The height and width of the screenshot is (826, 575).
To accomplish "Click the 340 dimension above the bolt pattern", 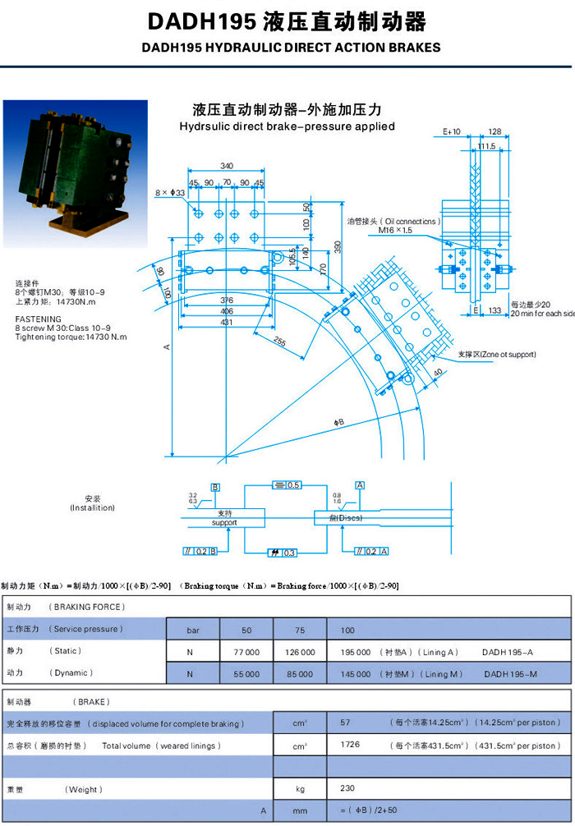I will point(227,167).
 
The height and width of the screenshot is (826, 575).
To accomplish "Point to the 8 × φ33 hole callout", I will point(170,192).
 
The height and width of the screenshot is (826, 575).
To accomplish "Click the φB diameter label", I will point(338,422).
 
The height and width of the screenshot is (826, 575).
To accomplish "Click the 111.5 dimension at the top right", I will point(486,147).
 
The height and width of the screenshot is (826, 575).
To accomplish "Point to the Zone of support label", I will point(496,355).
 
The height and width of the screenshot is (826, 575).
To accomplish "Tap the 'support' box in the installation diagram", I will point(224,518).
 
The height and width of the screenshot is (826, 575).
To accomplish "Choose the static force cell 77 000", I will point(246,651).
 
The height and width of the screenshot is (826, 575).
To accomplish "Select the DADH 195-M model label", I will point(510,673).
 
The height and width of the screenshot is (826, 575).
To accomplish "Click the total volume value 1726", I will point(351,746).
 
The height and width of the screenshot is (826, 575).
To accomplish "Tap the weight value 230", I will point(347,789).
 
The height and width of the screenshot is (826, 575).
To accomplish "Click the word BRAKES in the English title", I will point(413,47).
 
